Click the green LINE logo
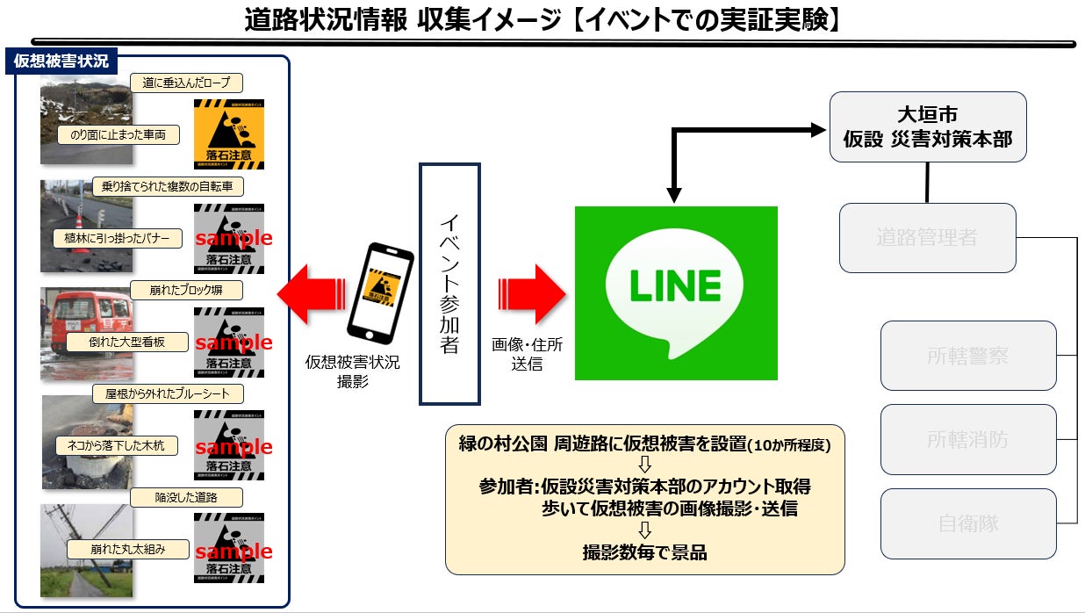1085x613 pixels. pos(676,292)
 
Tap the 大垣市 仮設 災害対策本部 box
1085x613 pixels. pos(928,126)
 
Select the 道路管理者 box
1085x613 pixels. pos(927,237)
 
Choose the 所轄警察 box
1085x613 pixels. pos(967,356)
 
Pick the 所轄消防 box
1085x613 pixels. pos(967,439)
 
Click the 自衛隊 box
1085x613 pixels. pos(967,524)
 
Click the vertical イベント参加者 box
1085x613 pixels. pos(449,283)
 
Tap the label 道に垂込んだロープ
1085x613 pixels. pos(186,83)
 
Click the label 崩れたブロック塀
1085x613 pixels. pos(185,290)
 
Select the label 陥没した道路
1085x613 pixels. pos(185,497)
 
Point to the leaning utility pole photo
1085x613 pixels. pos(86,550)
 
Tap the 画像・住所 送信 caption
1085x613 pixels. pos(527,354)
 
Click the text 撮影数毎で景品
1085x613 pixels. pos(644,552)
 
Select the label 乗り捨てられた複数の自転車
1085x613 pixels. pos(168,186)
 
